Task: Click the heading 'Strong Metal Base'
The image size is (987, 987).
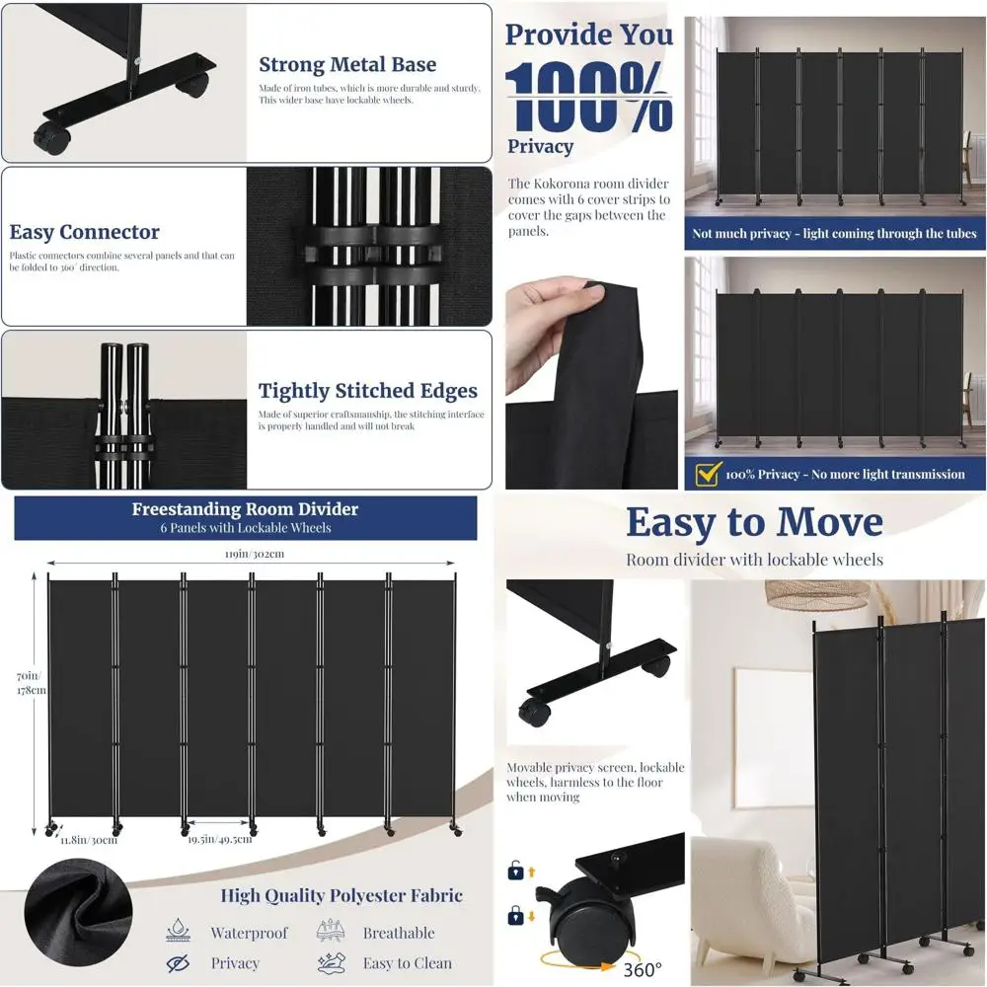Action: pyautogui.click(x=346, y=65)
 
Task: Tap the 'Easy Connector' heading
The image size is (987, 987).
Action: pyautogui.click(x=84, y=233)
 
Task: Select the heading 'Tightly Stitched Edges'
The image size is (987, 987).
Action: pyautogui.click(x=367, y=391)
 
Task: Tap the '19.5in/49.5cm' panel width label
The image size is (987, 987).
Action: pyautogui.click(x=220, y=839)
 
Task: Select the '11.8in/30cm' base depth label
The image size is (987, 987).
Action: pyautogui.click(x=86, y=840)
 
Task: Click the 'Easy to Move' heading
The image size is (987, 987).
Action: pyautogui.click(x=754, y=522)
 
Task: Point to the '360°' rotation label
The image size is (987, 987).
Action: pyautogui.click(x=643, y=969)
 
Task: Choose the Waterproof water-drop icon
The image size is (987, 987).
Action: pyautogui.click(x=179, y=932)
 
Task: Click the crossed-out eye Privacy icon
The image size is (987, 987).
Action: pyautogui.click(x=179, y=963)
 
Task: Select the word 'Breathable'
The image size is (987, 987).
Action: pyautogui.click(x=398, y=933)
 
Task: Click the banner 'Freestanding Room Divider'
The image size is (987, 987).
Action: pyautogui.click(x=245, y=510)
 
